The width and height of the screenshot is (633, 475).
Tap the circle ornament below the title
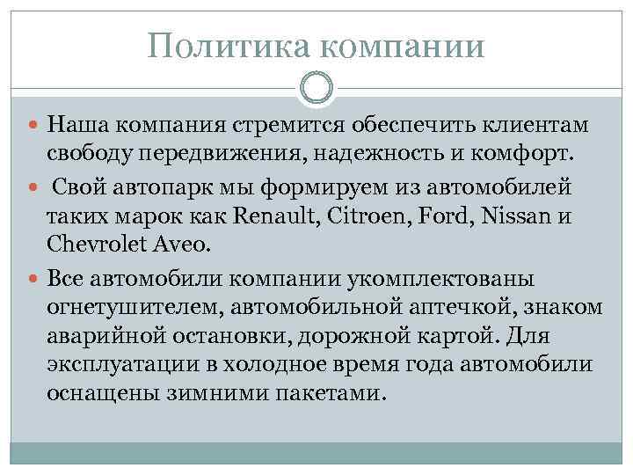[x=316, y=88]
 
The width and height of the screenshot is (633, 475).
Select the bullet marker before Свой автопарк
[x=33, y=187]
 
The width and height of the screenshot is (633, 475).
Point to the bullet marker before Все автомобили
[x=33, y=279]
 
